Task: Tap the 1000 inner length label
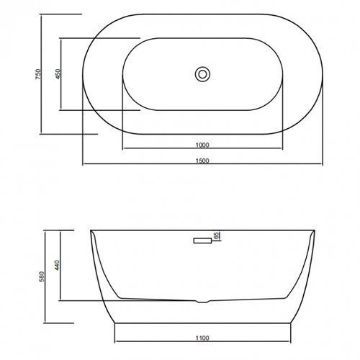coord(202,144)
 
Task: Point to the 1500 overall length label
coord(202,161)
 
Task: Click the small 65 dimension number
coord(216,235)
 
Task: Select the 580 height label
coord(43,276)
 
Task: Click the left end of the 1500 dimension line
coord(82,165)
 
